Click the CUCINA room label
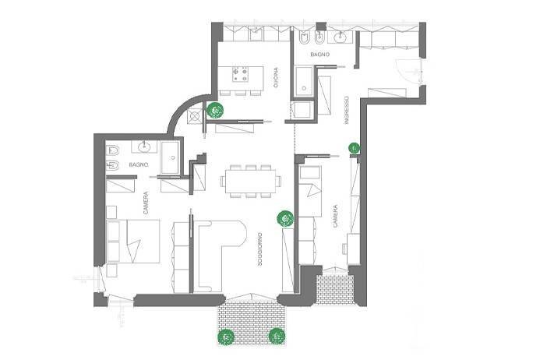[x=277, y=78]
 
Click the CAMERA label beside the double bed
[x=146, y=204]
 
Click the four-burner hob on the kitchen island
[x=239, y=75]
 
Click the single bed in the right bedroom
[x=311, y=192]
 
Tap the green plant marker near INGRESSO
[x=354, y=147]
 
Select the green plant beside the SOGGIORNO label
[x=285, y=219]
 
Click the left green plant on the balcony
[x=226, y=337]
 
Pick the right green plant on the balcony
[x=275, y=336]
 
